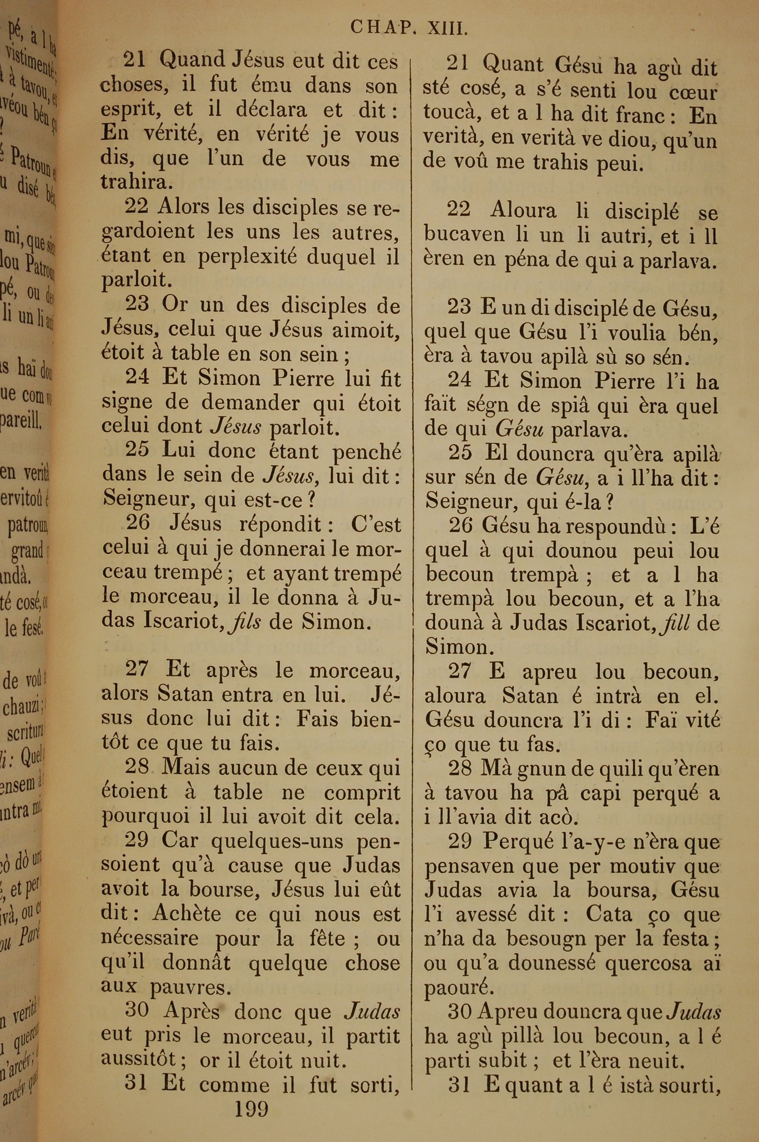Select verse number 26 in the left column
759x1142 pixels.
[x=138, y=523]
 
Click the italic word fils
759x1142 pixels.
[x=246, y=621]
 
